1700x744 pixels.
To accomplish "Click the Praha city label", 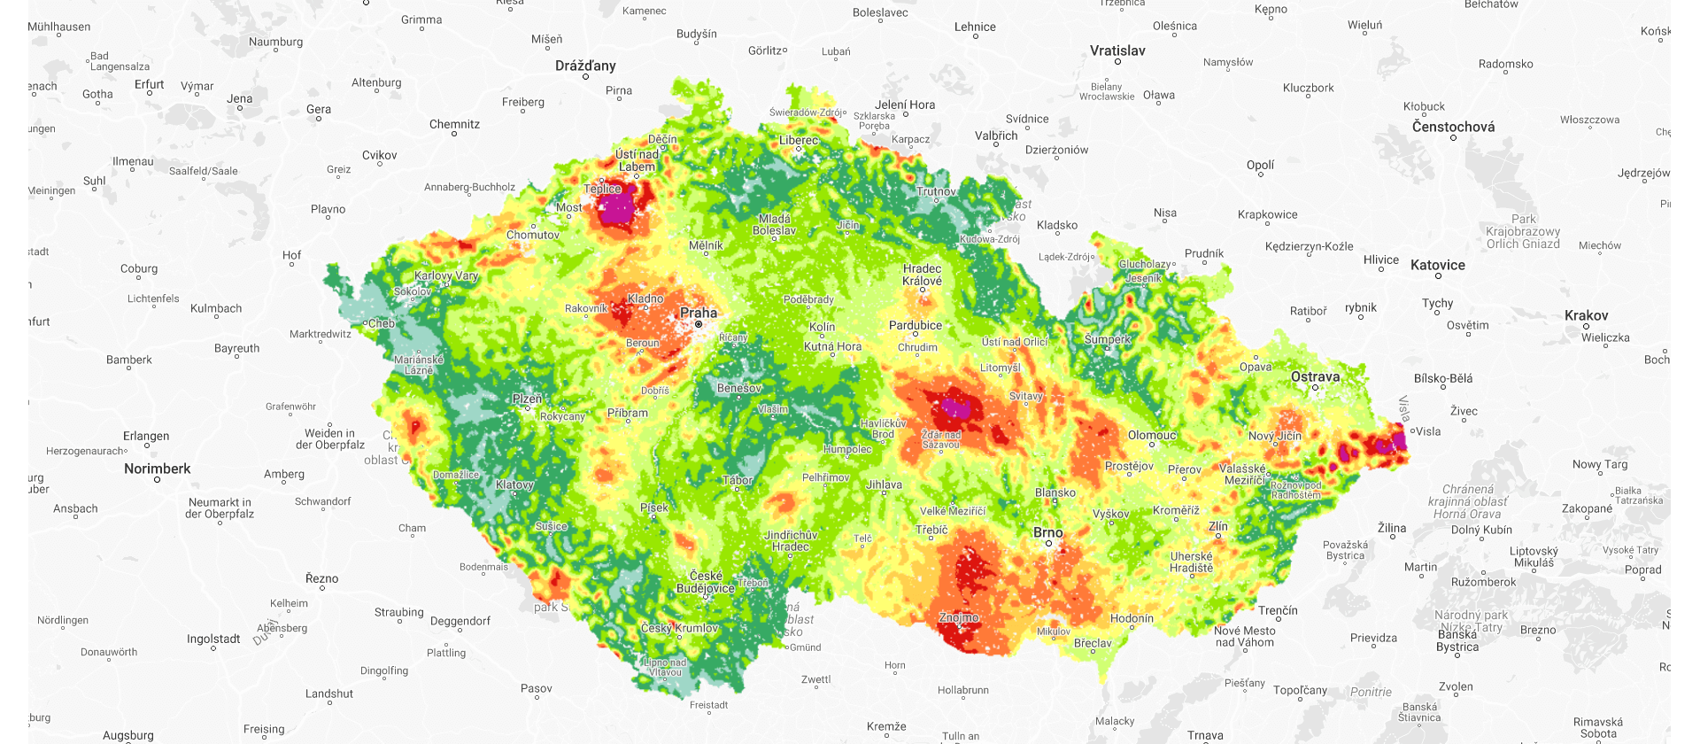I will [699, 313].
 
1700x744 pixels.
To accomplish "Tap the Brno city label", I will [1048, 532].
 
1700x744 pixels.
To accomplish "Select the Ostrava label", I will [1315, 376].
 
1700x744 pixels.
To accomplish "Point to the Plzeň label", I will [527, 399].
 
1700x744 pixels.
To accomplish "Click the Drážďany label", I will [585, 66].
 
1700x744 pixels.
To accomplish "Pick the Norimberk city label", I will [157, 469].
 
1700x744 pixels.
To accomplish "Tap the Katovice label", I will [1437, 265].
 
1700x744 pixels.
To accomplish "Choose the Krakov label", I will [1586, 315].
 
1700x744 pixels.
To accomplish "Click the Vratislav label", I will [1117, 50].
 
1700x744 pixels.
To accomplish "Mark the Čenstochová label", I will [1453, 127].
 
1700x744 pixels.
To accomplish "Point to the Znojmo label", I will [959, 617].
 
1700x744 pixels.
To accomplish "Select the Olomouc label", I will [1152, 435].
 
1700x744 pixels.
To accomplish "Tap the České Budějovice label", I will [706, 582].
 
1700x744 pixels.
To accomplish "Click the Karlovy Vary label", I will [446, 275].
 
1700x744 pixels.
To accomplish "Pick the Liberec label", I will [799, 140].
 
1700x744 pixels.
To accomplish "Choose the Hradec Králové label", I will [922, 275].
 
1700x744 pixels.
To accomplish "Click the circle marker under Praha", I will [699, 325].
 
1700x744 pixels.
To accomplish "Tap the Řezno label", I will [321, 578].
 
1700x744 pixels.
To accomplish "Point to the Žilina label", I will [1391, 528].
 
